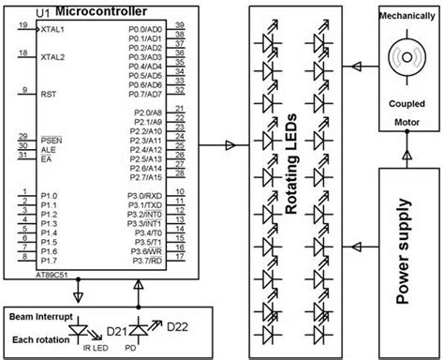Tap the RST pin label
49,95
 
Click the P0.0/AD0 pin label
147,30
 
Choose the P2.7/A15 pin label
147,175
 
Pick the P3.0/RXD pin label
147,199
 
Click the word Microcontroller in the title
100,9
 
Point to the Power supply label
407,245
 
